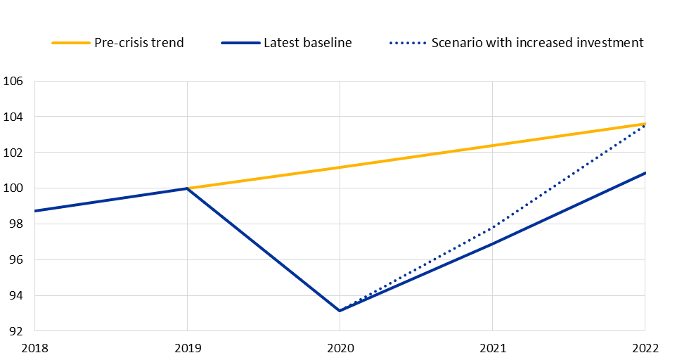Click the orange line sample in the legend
tap(71, 43)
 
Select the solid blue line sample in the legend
tap(240, 43)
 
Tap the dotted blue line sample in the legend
tap(408, 43)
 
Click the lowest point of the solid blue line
tap(340, 310)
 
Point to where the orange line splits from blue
tap(188, 188)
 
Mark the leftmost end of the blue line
tap(35, 210)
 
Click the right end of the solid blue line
tap(644, 173)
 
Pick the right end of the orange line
tap(644, 124)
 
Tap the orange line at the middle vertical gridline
tap(340, 167)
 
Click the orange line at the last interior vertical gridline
tap(492, 146)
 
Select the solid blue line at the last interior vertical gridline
tap(492, 243)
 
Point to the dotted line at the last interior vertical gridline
tap(492, 227)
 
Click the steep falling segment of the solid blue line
tap(264, 250)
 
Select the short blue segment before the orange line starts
tap(111, 200)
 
